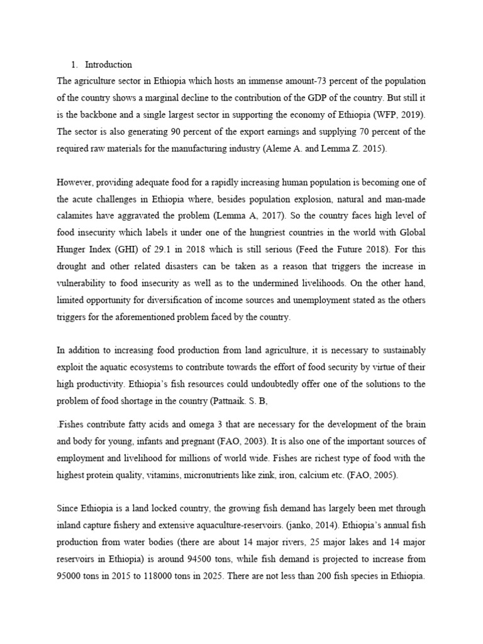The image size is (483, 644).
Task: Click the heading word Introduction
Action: [x=108, y=65]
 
